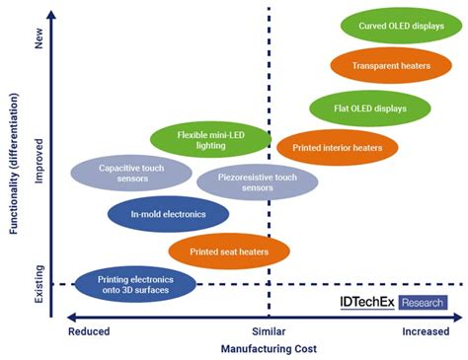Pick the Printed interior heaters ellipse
pyautogui.click(x=338, y=148)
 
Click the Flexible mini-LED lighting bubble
pyautogui.click(x=210, y=140)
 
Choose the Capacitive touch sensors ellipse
pyautogui.click(x=131, y=175)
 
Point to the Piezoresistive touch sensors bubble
pyautogui.click(x=257, y=182)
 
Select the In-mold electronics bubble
pyautogui.click(x=167, y=214)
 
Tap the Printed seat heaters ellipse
pyautogui.click(x=229, y=251)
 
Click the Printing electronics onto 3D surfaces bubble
pyautogui.click(x=133, y=284)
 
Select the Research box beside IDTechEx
pyautogui.click(x=423, y=302)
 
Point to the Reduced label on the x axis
pyautogui.click(x=89, y=331)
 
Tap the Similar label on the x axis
pyautogui.click(x=268, y=331)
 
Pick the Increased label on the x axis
pyautogui.click(x=426, y=331)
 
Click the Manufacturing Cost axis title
pyautogui.click(x=268, y=349)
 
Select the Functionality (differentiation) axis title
pyautogui.click(x=14, y=178)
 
